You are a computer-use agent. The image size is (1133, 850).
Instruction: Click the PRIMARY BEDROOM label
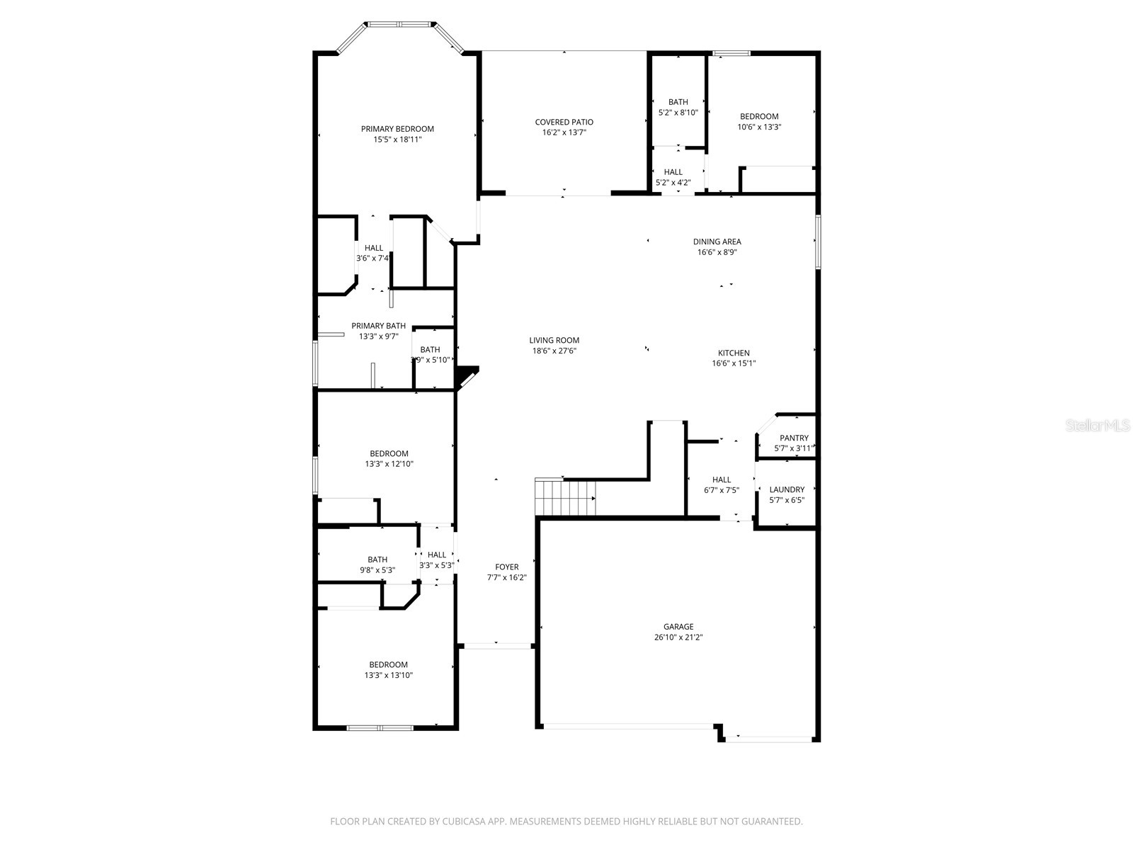[x=397, y=129]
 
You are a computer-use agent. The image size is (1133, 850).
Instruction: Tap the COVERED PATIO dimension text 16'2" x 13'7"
[x=564, y=132]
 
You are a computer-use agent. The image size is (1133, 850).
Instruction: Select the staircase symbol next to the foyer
[x=564, y=497]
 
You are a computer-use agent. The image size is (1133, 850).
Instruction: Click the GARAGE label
[x=678, y=626]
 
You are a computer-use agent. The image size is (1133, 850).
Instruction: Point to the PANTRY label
[x=794, y=438]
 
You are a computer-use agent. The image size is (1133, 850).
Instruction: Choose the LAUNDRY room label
[x=787, y=489]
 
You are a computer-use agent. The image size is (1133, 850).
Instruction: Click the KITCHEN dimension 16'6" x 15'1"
[x=734, y=363]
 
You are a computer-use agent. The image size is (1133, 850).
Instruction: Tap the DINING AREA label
[x=717, y=242]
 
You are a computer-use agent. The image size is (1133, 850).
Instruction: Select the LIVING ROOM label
[x=554, y=340]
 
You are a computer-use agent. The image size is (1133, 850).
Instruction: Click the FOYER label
[x=506, y=567]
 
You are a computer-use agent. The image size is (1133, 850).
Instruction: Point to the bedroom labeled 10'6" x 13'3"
[x=759, y=121]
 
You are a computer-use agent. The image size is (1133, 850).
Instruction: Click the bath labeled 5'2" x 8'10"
[x=678, y=107]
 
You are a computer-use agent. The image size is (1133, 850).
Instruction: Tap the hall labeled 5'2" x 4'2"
[x=673, y=177]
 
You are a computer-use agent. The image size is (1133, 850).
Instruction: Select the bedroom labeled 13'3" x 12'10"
[x=389, y=458]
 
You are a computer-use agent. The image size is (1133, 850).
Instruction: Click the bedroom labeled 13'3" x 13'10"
[x=388, y=669]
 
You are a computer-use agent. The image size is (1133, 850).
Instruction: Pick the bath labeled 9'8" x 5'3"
[x=377, y=565]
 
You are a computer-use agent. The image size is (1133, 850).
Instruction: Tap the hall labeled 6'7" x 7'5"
[x=722, y=484]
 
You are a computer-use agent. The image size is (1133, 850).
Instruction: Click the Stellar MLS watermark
[x=1098, y=426]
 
